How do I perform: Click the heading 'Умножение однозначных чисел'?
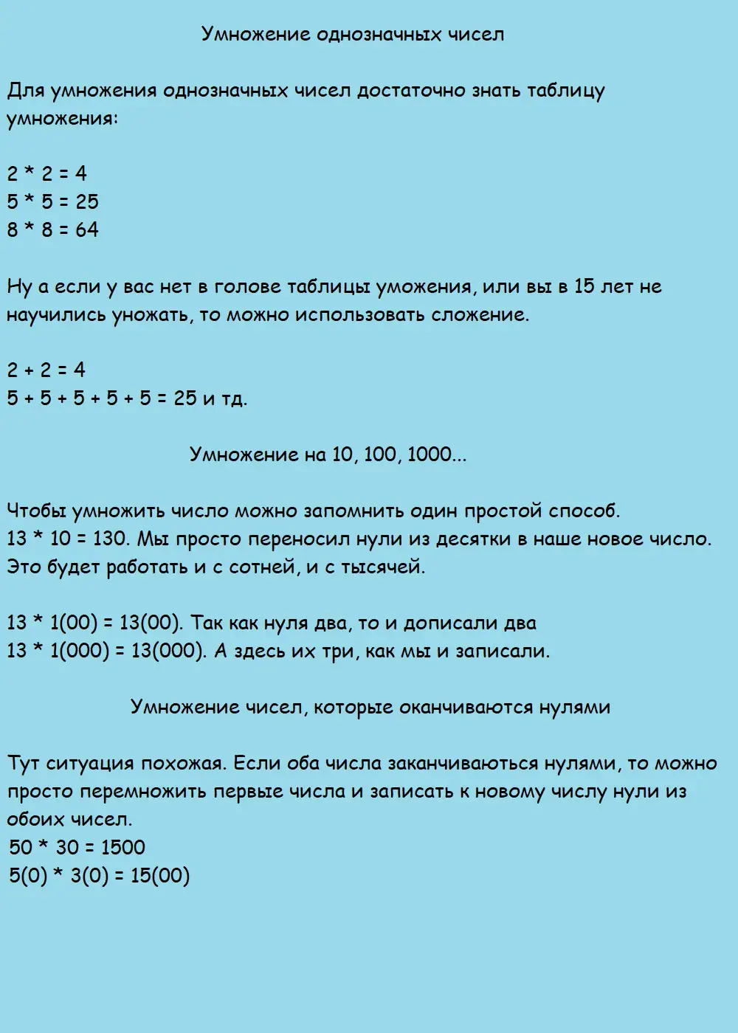coord(353,35)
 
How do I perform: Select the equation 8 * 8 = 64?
coord(52,230)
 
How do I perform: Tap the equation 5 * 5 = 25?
coord(52,202)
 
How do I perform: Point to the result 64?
coord(86,230)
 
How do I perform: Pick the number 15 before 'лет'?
coord(584,286)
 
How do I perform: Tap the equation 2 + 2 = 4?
coord(46,370)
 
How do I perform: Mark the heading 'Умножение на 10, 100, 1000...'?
coord(328,455)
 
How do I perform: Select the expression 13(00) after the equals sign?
coord(151,623)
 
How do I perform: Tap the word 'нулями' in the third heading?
coord(573,707)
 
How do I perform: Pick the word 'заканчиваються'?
coord(462,763)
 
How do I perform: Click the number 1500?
coord(123,847)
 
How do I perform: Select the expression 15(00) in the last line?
coord(159,876)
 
